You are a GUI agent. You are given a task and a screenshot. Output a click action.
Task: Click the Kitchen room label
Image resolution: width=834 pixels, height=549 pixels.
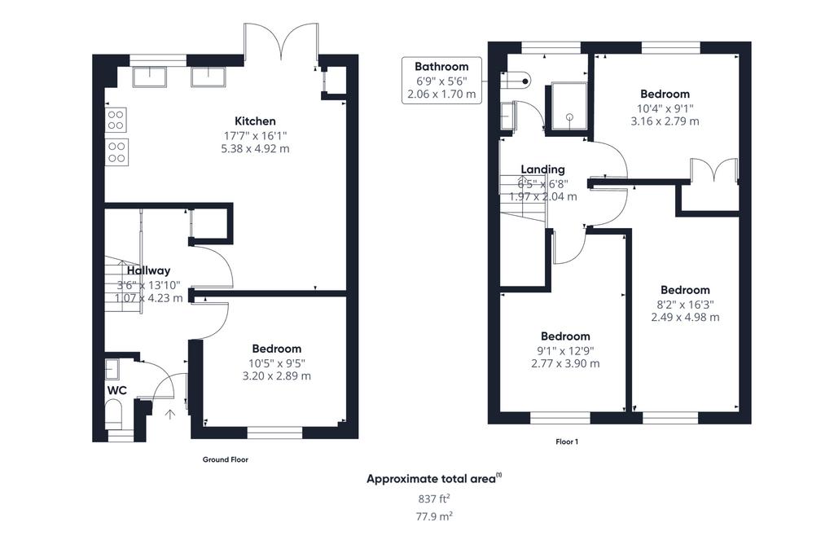pyautogui.click(x=255, y=121)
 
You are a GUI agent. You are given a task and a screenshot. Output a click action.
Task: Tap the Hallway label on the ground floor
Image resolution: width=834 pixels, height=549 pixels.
pyautogui.click(x=148, y=270)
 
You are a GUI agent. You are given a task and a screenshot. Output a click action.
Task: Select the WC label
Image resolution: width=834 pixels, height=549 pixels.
pyautogui.click(x=117, y=390)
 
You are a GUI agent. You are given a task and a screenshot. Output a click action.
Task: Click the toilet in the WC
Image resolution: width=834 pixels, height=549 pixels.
pyautogui.click(x=113, y=415)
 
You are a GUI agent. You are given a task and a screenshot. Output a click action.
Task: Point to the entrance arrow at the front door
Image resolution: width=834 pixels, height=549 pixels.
pyautogui.click(x=170, y=415)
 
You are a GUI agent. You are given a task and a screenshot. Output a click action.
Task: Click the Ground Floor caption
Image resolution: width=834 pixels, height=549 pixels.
pyautogui.click(x=225, y=459)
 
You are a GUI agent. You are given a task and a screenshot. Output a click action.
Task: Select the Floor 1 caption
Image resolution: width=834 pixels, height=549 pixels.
pyautogui.click(x=567, y=441)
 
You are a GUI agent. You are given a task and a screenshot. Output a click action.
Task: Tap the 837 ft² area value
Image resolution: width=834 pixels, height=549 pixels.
pyautogui.click(x=434, y=499)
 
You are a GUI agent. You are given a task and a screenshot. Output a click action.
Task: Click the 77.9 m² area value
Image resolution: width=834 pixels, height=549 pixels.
pyautogui.click(x=434, y=516)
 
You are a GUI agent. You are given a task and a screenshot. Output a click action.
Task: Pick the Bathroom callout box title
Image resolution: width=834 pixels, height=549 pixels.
pyautogui.click(x=441, y=67)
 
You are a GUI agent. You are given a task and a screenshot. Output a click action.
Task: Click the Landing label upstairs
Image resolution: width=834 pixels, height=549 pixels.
pyautogui.click(x=542, y=169)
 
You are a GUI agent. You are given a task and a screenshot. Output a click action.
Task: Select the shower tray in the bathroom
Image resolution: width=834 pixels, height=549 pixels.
pyautogui.click(x=569, y=106)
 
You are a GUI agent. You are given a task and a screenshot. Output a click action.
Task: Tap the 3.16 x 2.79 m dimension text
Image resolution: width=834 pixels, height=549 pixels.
pyautogui.click(x=665, y=121)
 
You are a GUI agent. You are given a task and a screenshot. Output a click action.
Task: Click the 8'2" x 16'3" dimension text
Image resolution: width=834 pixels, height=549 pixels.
pyautogui.click(x=685, y=305)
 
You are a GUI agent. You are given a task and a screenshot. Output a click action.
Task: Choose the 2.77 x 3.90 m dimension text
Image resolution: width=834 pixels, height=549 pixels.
pyautogui.click(x=565, y=364)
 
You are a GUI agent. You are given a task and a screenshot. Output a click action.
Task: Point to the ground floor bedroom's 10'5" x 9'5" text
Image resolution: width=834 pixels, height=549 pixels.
pyautogui.click(x=277, y=363)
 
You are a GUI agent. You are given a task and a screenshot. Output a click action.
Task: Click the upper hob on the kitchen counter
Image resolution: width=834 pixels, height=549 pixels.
pyautogui.click(x=116, y=121)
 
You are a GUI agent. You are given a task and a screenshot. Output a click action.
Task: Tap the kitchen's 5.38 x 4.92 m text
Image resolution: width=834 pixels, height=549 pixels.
pyautogui.click(x=255, y=149)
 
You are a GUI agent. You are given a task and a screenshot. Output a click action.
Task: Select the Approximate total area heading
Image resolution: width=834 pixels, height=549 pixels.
pyautogui.click(x=434, y=478)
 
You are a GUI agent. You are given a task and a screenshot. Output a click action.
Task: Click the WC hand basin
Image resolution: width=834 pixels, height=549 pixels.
pyautogui.click(x=112, y=368)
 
